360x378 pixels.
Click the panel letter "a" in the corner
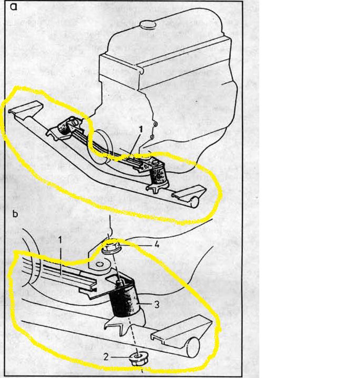coord(14,7)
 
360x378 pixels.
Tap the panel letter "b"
coord(15,214)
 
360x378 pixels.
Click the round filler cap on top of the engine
coord(148,24)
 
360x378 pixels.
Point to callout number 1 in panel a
coord(141,129)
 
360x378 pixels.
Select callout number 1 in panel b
coord(60,240)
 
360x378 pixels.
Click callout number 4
coord(157,245)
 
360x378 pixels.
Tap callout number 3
coord(157,304)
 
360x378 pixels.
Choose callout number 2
coord(106,357)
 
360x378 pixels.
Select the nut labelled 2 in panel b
coord(138,359)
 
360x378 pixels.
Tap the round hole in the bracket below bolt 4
coord(99,265)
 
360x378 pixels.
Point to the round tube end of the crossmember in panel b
coord(193,347)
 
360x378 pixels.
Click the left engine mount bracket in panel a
coord(65,129)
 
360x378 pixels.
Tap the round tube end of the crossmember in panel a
coord(194,202)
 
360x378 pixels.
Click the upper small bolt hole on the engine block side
coord(155,124)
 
